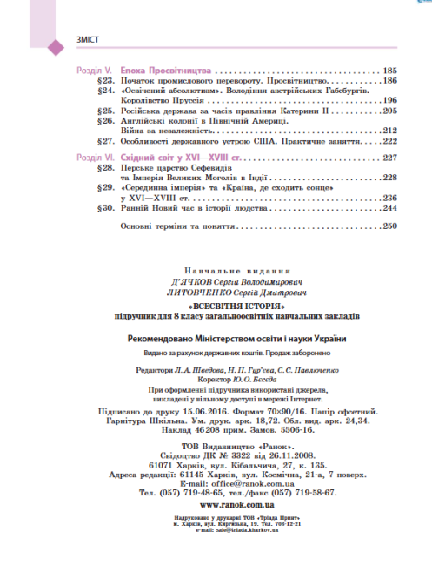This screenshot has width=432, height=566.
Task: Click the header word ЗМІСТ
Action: point(70,42)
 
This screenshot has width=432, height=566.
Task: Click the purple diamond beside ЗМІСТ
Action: point(51,42)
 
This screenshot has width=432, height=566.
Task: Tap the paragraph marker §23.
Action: point(103,79)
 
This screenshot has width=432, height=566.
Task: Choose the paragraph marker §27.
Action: point(103,141)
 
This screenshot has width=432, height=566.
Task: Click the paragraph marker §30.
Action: point(103,208)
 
